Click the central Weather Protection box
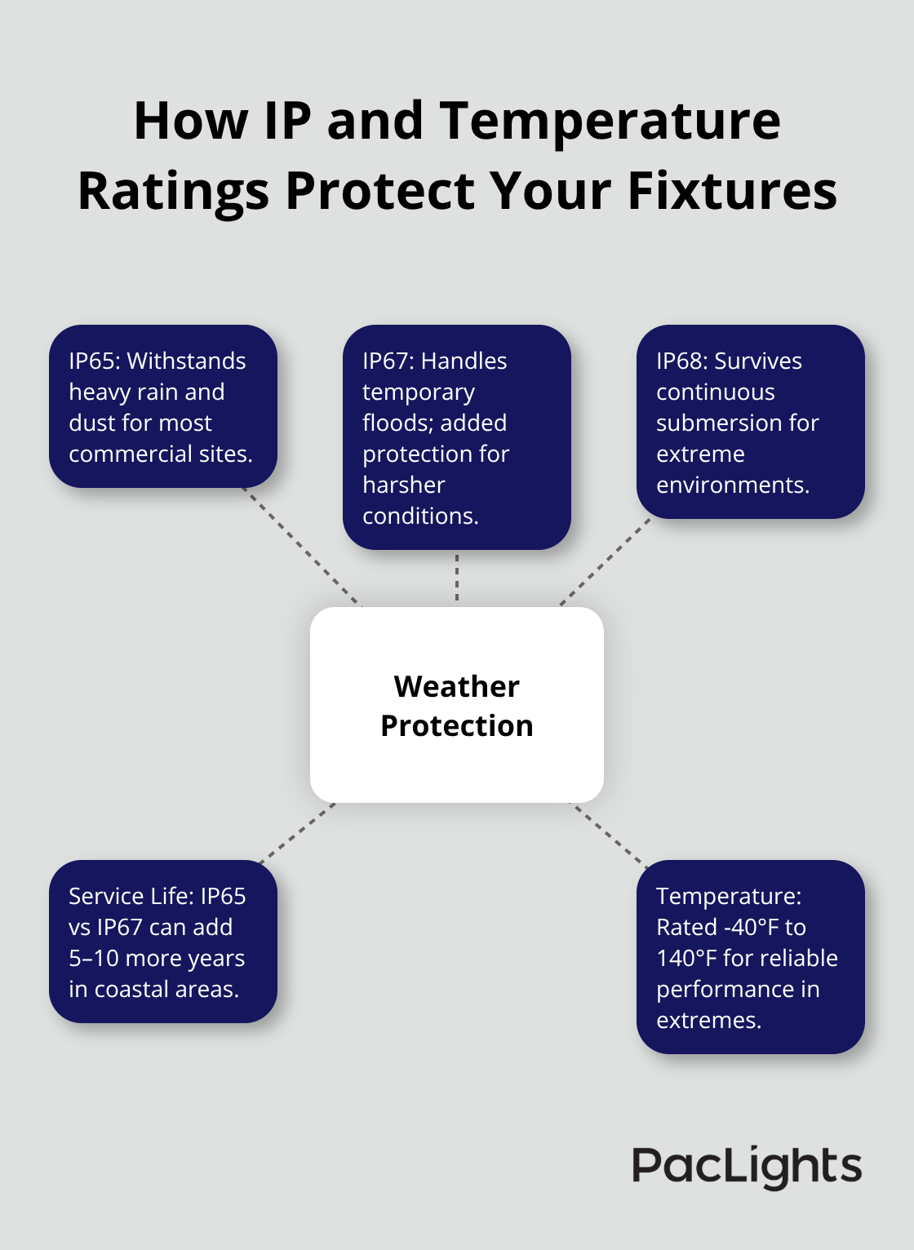coord(457,705)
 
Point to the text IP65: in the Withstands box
coord(95,361)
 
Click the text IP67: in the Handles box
coord(388,361)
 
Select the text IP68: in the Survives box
coord(682,361)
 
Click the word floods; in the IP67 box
coord(396,423)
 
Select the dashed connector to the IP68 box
coord(605,562)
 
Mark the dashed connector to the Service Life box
coord(297,833)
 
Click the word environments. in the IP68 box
coord(733,485)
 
